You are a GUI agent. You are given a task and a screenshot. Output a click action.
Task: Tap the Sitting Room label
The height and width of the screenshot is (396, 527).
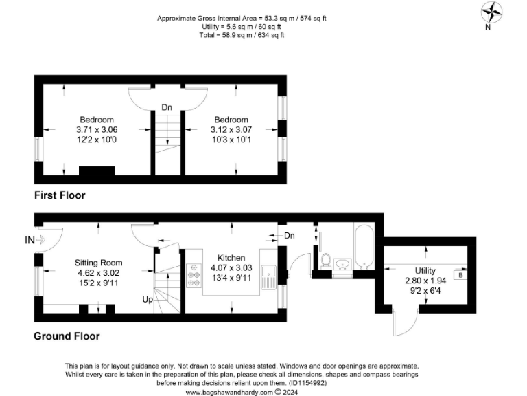[x=99, y=262]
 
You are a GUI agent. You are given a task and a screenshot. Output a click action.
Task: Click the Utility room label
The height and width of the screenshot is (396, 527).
[x=425, y=270]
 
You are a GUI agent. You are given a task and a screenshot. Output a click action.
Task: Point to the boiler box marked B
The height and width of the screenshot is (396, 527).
[x=460, y=275]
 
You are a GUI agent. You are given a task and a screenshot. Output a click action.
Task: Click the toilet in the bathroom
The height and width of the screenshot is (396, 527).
[x=327, y=261]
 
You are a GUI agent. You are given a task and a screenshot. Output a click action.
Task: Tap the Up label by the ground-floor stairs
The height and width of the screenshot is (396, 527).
[x=148, y=300]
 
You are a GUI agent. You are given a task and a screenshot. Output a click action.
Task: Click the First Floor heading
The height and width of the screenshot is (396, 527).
[x=60, y=195]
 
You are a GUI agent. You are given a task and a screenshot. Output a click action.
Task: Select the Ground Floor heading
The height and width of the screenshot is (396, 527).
[x=67, y=336]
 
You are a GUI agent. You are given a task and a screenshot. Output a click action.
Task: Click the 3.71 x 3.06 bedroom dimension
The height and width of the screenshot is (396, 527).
[x=96, y=129]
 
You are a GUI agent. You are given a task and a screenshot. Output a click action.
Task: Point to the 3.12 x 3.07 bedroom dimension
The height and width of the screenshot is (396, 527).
[x=233, y=129]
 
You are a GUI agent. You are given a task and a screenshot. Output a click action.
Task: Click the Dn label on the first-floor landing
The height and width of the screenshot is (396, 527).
[x=167, y=107]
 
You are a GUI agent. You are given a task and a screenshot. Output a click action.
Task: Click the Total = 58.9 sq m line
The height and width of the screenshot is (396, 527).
[x=242, y=35]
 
